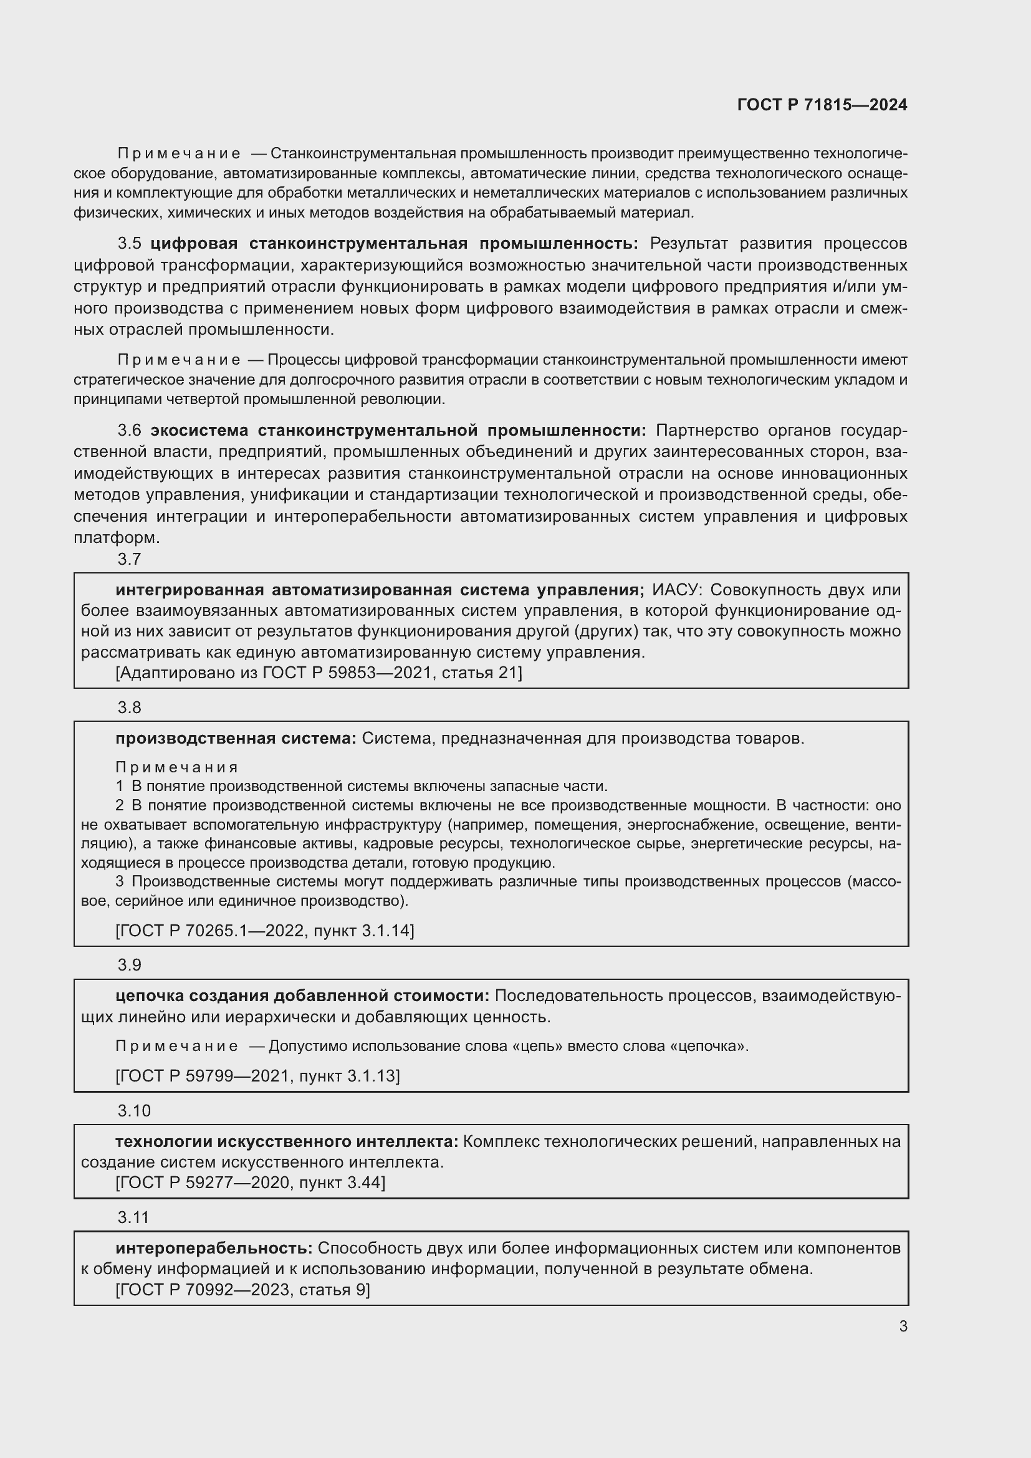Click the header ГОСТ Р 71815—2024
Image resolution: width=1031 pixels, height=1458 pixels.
(822, 105)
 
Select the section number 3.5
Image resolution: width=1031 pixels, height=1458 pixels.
(130, 244)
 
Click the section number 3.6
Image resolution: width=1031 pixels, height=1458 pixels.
(130, 431)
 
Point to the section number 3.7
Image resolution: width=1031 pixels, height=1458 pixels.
(130, 559)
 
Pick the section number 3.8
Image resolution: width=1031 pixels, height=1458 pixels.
(130, 707)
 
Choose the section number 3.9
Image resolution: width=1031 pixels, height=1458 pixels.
(130, 965)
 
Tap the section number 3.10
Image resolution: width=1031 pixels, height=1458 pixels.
(134, 1111)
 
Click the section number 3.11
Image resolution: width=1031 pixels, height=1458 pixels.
(133, 1217)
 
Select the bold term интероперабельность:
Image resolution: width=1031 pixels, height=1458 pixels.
(214, 1249)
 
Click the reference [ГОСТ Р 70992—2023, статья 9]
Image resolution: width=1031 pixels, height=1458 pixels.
(242, 1290)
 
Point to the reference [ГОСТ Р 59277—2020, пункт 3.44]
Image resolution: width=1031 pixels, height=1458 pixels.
(250, 1182)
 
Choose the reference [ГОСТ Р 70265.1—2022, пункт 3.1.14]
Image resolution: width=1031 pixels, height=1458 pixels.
(265, 931)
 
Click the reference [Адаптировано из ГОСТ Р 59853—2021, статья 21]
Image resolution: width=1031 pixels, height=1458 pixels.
(319, 673)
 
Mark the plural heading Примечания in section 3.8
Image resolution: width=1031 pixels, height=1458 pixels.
(177, 767)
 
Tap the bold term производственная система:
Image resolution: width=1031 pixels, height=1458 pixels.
(236, 739)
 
